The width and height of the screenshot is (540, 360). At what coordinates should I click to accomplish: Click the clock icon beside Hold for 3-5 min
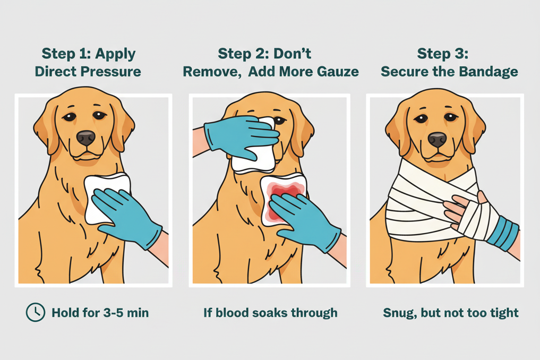click(x=36, y=312)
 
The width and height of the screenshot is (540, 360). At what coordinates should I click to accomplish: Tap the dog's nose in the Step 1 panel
click(x=86, y=138)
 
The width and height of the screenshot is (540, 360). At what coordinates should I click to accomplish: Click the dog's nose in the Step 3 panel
click(x=438, y=140)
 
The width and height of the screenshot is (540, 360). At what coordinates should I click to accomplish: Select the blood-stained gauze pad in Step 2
click(x=284, y=200)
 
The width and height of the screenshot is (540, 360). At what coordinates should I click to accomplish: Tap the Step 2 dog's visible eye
click(x=280, y=121)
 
